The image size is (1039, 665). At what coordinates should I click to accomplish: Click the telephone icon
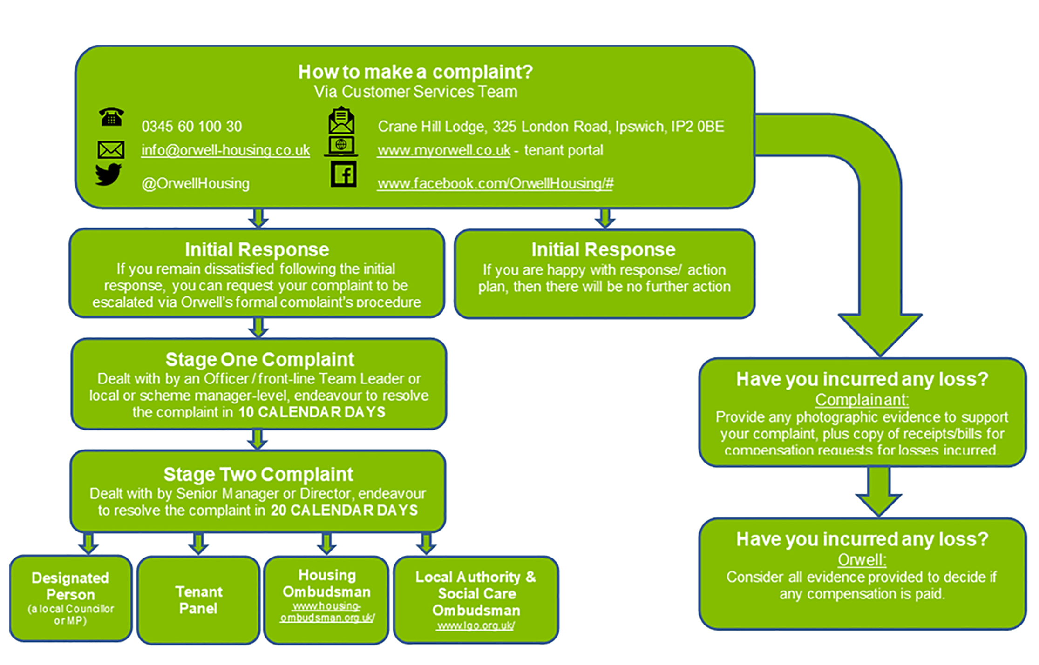pos(111,117)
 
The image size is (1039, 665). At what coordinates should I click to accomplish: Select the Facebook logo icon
pos(343,175)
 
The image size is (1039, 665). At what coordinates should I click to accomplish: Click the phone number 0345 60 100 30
pos(191,126)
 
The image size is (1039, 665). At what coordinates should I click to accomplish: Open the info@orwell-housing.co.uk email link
pos(225,150)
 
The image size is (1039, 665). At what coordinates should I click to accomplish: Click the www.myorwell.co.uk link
pos(443,150)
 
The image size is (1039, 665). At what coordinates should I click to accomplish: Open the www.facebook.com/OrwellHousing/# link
pos(495,183)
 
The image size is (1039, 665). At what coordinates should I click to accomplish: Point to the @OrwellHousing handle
pos(195,183)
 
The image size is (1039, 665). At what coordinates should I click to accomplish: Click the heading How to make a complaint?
pos(415,72)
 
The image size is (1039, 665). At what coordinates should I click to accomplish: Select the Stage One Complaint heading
pos(259,359)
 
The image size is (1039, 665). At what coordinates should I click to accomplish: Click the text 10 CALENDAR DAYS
pos(312,412)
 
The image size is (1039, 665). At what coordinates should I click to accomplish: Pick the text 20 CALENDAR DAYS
pos(344,511)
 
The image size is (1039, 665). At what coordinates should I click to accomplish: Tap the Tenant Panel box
pos(198,600)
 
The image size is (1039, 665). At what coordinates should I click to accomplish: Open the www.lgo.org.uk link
pos(475,626)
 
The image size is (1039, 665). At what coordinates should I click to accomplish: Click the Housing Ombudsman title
pos(326,583)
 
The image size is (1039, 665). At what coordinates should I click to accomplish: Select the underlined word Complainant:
pos(862,400)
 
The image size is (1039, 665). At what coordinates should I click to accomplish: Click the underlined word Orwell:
pos(862,560)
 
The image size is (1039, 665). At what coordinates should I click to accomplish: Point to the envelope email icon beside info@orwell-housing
pos(110,150)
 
